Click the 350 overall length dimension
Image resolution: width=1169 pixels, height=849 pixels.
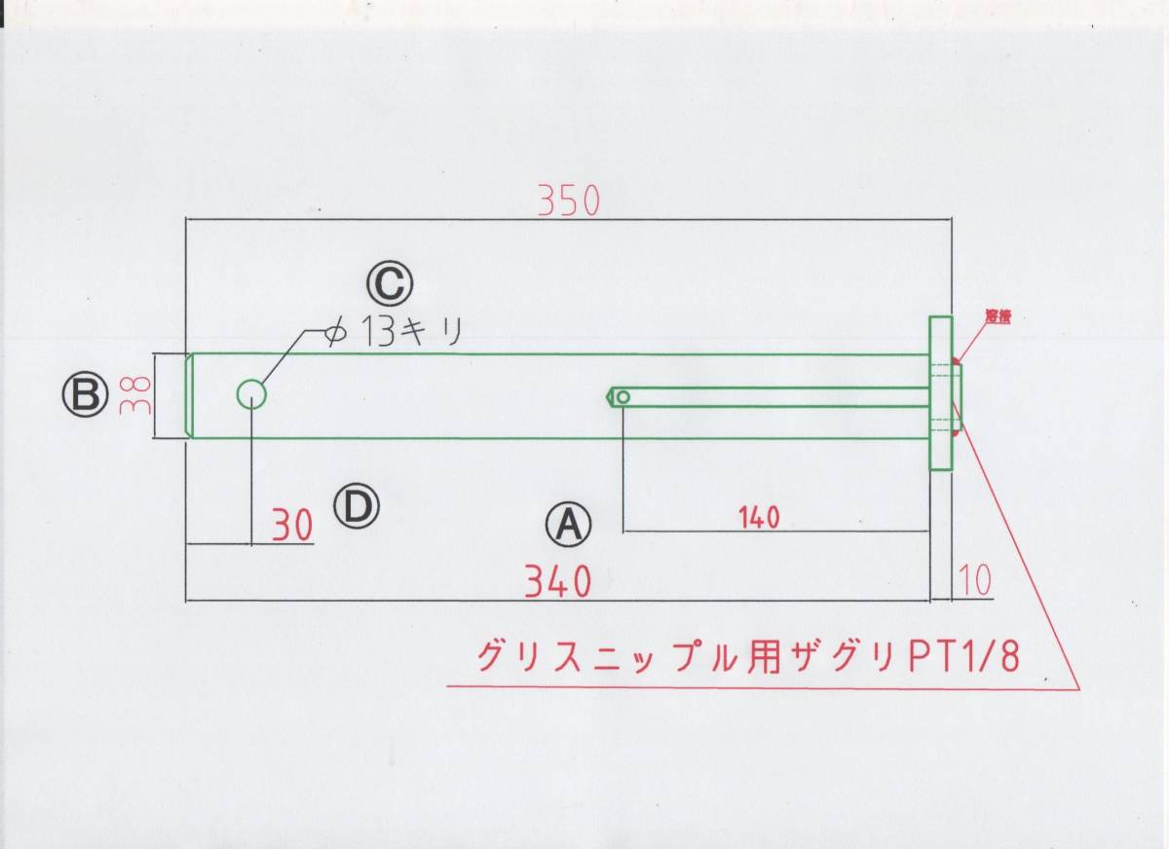click(570, 200)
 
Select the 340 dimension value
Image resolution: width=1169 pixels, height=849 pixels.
click(558, 582)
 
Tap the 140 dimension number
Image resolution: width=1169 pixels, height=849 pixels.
click(760, 518)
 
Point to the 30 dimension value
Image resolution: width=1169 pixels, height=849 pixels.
click(292, 527)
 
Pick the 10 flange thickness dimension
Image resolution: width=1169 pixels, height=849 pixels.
click(974, 580)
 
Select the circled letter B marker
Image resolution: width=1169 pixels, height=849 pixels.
click(84, 395)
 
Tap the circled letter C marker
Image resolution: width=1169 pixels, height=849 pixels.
click(390, 284)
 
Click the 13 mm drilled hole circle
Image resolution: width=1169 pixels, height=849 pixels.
click(251, 394)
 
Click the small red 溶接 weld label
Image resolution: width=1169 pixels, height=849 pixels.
click(996, 316)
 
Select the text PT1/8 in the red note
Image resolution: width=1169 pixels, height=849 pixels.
click(964, 657)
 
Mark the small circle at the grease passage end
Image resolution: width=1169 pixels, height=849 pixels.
click(622, 396)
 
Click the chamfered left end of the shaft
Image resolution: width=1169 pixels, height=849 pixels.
click(190, 395)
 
